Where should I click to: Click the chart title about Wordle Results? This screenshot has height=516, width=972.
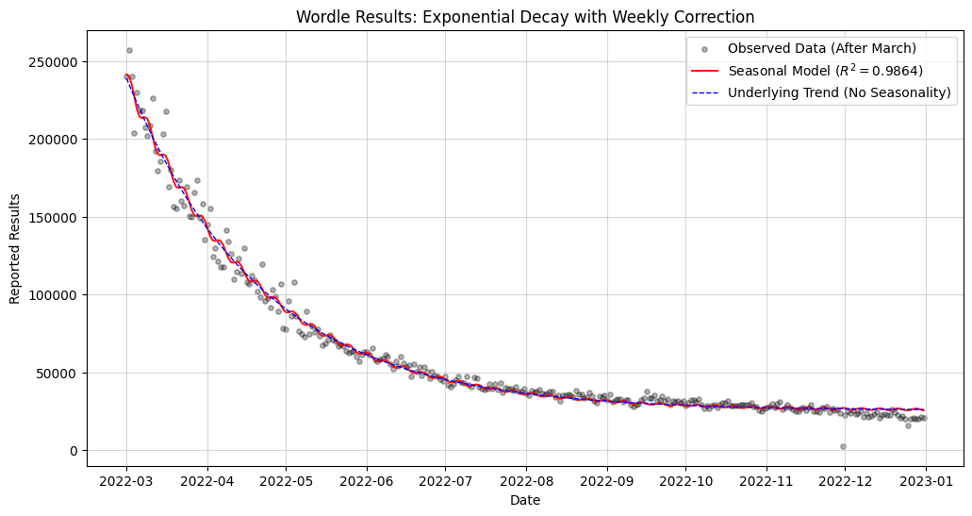pos(525,17)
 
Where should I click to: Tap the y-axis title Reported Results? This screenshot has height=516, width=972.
pos(15,248)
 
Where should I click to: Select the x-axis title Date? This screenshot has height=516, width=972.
pos(525,501)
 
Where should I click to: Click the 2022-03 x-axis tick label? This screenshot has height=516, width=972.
pos(126,482)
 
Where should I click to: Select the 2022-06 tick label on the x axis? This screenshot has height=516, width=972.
pos(366,482)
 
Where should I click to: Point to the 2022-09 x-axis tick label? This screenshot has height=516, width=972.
pos(606,482)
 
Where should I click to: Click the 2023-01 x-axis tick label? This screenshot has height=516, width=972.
pos(925,482)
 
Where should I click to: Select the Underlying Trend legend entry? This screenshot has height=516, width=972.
pos(839,92)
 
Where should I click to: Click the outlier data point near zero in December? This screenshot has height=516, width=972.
pos(843,446)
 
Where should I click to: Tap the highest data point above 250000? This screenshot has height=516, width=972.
pos(129,50)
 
